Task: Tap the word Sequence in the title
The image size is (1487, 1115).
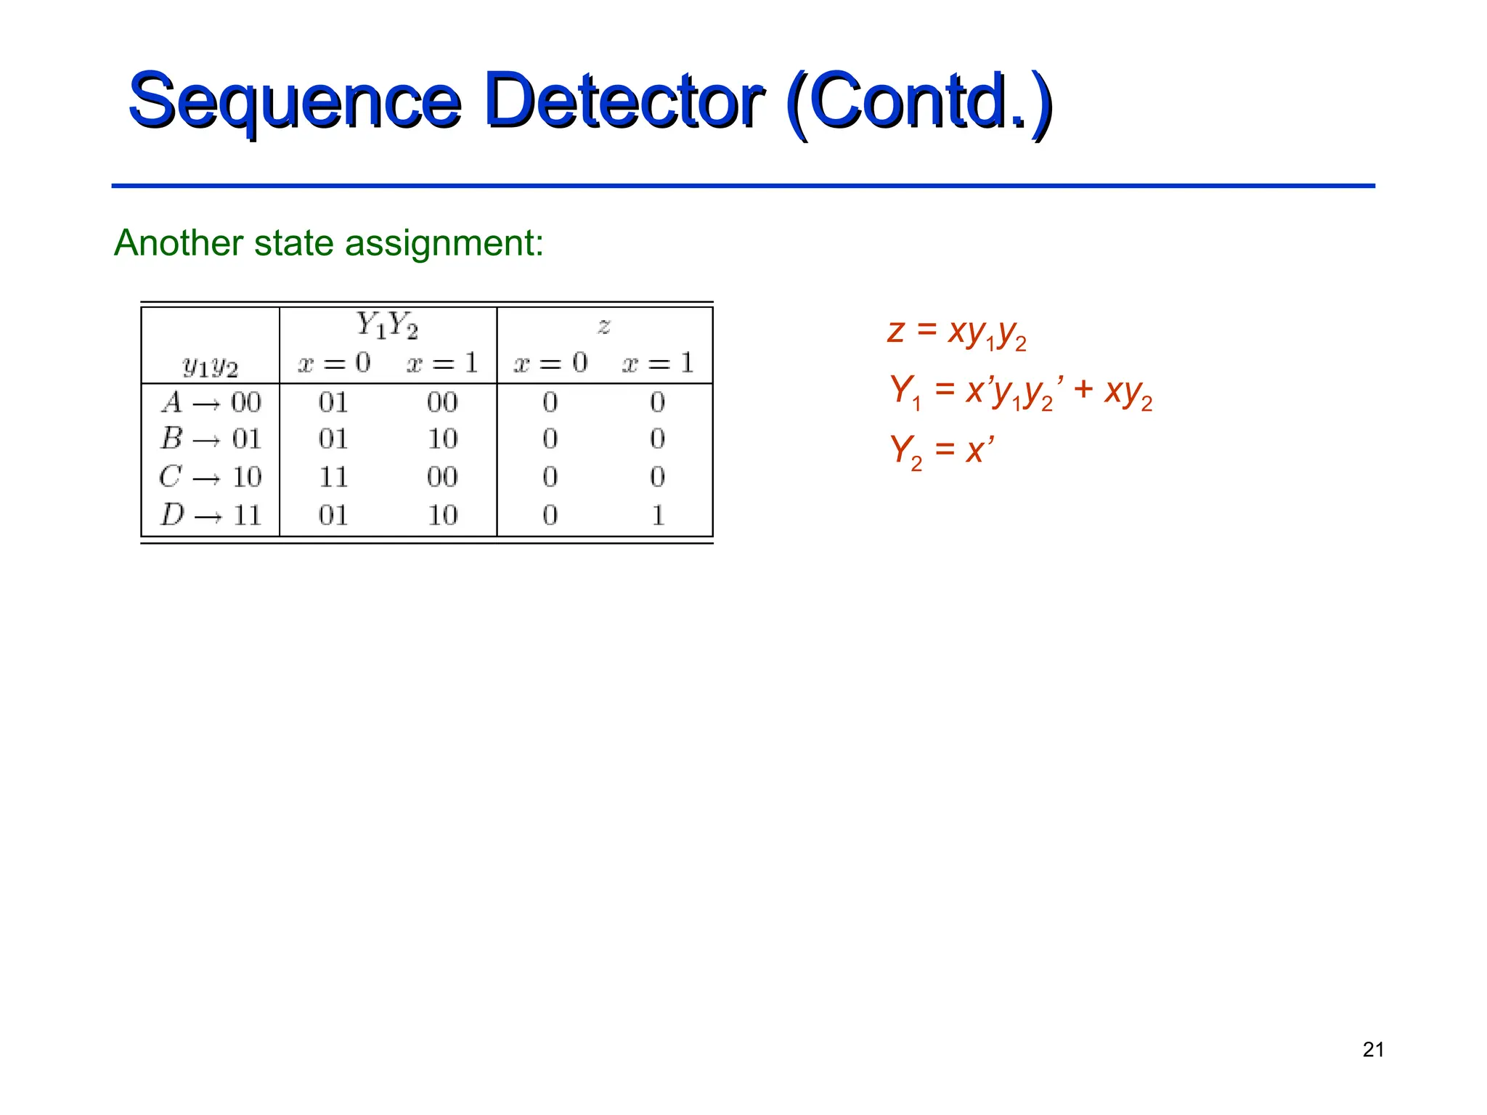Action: (x=294, y=102)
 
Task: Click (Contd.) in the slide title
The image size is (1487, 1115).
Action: (x=918, y=102)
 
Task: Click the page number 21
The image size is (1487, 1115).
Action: (x=1373, y=1050)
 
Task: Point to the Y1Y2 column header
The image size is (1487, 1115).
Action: (x=387, y=325)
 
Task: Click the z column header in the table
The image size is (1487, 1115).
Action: (x=604, y=326)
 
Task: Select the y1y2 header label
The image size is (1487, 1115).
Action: (x=210, y=366)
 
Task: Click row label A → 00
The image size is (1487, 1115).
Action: (x=210, y=402)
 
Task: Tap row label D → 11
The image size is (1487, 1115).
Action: (x=210, y=515)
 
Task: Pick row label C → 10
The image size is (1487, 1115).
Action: (x=210, y=477)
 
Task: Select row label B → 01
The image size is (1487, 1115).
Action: (x=210, y=439)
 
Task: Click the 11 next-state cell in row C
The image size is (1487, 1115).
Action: (x=333, y=477)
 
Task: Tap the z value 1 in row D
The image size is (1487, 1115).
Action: (x=658, y=515)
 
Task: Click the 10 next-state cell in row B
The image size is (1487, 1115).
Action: (x=442, y=439)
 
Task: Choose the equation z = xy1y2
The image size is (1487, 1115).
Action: (x=956, y=332)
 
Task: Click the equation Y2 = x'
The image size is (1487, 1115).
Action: (x=942, y=450)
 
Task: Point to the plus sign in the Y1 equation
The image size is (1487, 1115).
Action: (x=1083, y=390)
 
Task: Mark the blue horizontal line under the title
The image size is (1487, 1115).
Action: (x=743, y=186)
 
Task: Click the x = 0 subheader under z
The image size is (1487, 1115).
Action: (x=550, y=363)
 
